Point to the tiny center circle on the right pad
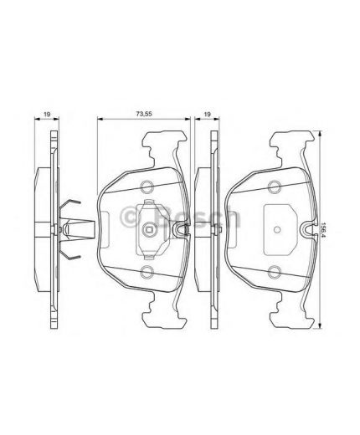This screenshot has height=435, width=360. click(x=277, y=228)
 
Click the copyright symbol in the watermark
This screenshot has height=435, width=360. click(x=131, y=218)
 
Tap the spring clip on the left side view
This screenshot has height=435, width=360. click(x=74, y=227)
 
